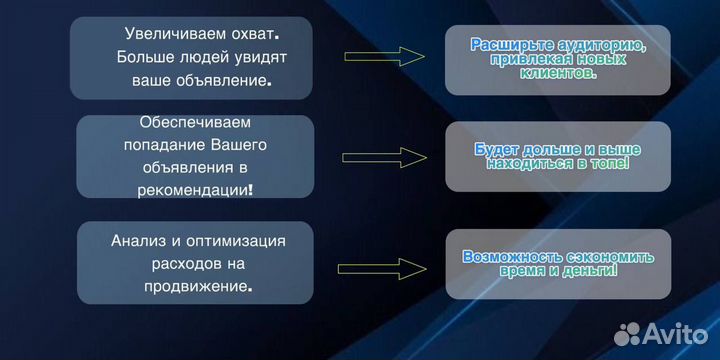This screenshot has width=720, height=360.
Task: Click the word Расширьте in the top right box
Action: (x=511, y=45)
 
